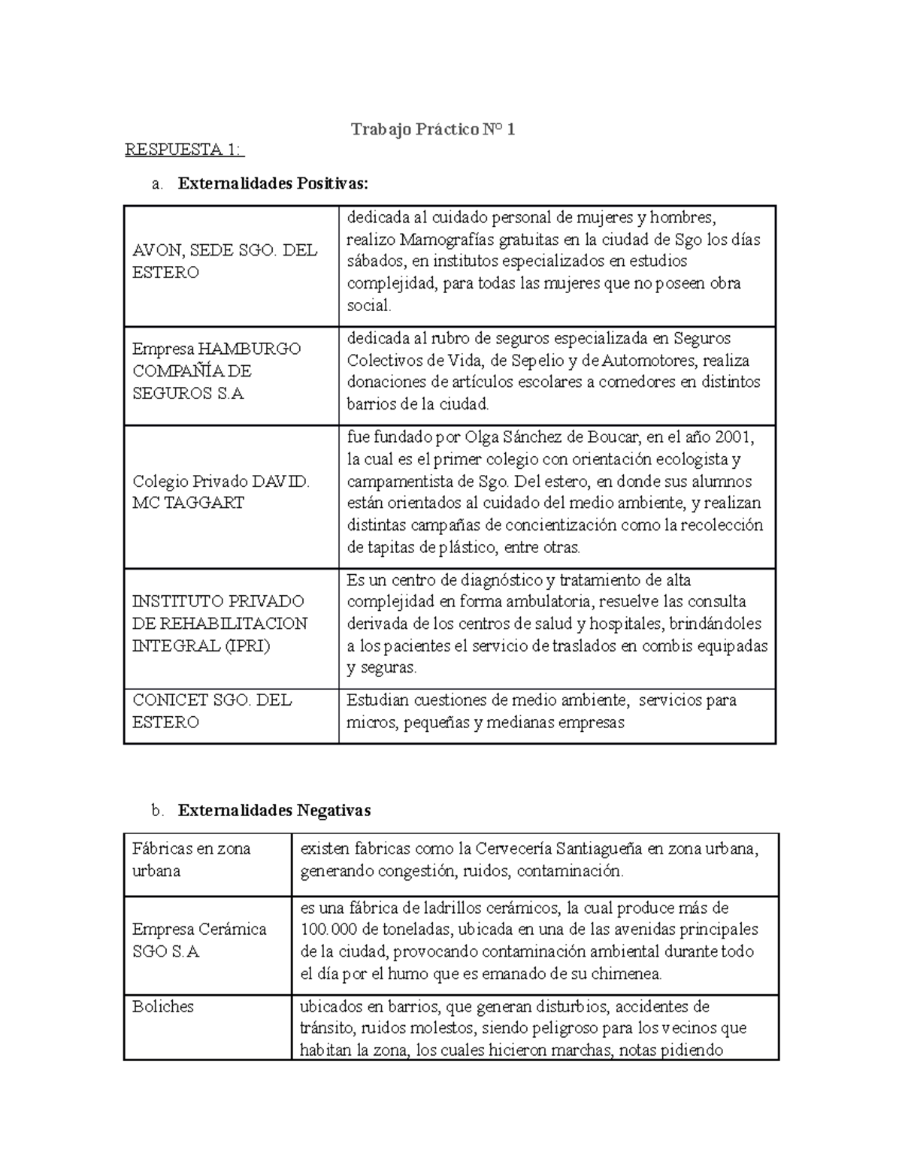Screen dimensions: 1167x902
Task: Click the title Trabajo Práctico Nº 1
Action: click(433, 130)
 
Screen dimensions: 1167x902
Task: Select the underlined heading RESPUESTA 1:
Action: click(184, 150)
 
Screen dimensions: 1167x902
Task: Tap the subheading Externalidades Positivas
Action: click(274, 183)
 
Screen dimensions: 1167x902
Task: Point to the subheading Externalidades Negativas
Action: click(274, 810)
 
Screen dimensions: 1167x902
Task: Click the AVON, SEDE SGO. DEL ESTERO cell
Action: click(224, 262)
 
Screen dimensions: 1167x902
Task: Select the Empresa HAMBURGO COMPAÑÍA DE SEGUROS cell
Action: click(216, 371)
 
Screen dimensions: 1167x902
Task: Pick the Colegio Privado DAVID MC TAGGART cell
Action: click(220, 492)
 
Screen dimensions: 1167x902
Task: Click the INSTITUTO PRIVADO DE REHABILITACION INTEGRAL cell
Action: click(219, 623)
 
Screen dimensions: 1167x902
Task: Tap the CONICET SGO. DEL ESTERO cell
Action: click(212, 711)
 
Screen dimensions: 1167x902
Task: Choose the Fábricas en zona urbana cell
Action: click(191, 860)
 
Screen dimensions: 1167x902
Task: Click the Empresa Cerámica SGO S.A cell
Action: click(199, 940)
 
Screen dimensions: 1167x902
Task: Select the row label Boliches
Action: click(163, 1006)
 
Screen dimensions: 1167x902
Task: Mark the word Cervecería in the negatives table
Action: click(512, 849)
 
